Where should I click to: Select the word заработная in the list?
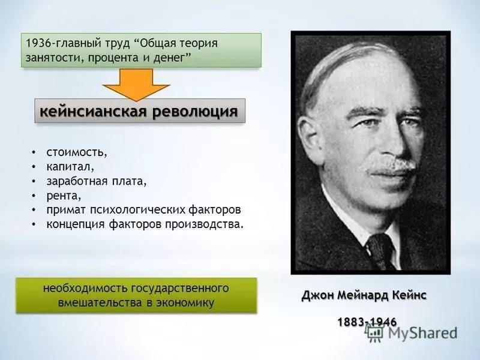pyautogui.click(x=74, y=181)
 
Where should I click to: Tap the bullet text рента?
pyautogui.click(x=63, y=196)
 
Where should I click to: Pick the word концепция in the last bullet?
pyautogui.click(x=75, y=224)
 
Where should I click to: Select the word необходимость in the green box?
pyautogui.click(x=79, y=289)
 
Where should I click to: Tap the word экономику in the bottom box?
pyautogui.click(x=187, y=303)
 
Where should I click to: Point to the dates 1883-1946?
pyautogui.click(x=367, y=322)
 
